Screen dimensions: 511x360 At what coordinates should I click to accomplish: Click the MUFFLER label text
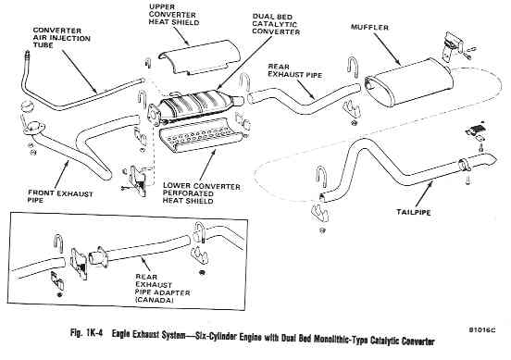[x=369, y=28]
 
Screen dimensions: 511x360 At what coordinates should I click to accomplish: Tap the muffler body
[x=409, y=82]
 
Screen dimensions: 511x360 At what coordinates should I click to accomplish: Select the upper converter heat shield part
[x=199, y=56]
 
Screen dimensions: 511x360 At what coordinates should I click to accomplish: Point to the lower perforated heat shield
[x=201, y=135]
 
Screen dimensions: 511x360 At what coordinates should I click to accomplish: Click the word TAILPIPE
[x=413, y=213]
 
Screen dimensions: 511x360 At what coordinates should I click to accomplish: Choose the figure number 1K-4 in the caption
[x=94, y=333]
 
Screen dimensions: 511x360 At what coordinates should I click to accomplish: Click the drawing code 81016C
[x=482, y=329]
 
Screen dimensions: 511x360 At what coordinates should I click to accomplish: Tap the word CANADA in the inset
[x=155, y=300]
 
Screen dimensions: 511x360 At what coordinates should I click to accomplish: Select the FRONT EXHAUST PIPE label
[x=60, y=197]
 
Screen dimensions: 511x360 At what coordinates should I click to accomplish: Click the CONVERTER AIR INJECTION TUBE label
[x=62, y=38]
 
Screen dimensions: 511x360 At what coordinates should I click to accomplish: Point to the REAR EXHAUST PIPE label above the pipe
[x=295, y=70]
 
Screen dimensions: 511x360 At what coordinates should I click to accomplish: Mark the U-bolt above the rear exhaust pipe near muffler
[x=353, y=68]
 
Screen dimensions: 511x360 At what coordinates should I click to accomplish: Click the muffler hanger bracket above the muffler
[x=453, y=45]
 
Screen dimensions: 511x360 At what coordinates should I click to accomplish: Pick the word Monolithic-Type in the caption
[x=341, y=339]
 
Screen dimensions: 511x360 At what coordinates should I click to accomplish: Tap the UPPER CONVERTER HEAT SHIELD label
[x=174, y=15]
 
